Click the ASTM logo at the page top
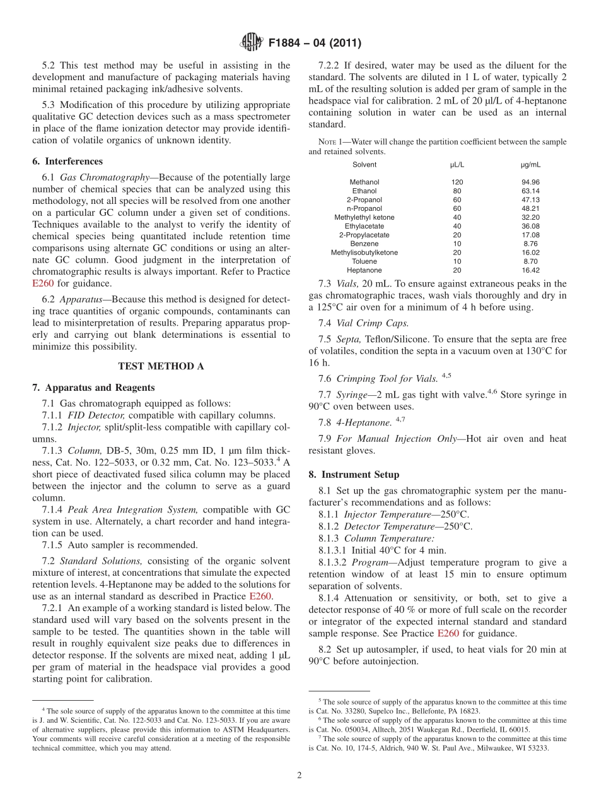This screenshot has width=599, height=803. point(251,43)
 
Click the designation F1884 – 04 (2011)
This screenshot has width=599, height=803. point(315,44)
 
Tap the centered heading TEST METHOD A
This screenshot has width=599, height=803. point(161,366)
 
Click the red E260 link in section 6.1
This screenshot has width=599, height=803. point(42,283)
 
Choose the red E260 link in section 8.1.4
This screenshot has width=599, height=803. point(447,633)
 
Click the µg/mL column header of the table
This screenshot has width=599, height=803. point(530,165)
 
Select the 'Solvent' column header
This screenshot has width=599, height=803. point(364,165)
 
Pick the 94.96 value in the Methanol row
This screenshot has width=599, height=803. point(530,182)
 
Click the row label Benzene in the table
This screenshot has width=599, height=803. point(364,244)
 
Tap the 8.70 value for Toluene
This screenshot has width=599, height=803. point(530,261)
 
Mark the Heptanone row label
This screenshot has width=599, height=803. point(364,270)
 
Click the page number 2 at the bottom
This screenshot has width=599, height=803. point(299,776)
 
